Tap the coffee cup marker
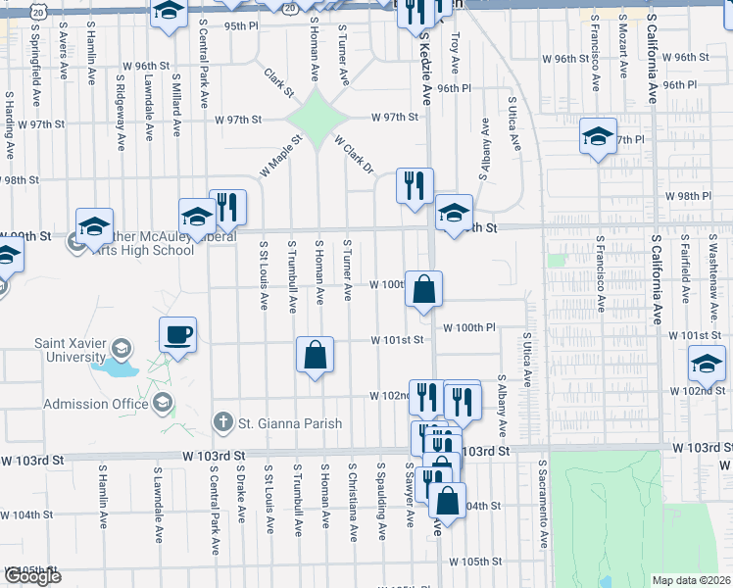(x=178, y=335)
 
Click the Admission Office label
(x=94, y=404)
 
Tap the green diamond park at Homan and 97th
(x=318, y=118)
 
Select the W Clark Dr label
(x=354, y=155)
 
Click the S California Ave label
(x=651, y=69)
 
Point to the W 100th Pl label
(x=470, y=327)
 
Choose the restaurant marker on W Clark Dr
(x=415, y=184)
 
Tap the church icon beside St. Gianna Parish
(x=223, y=423)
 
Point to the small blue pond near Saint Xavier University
(x=116, y=370)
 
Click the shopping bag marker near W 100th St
(x=423, y=290)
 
